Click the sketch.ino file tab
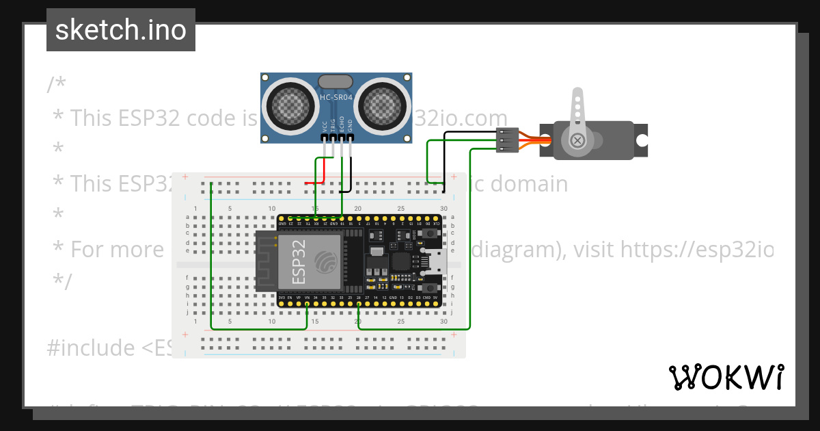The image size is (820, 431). tap(120, 30)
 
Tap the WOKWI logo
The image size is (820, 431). tap(726, 377)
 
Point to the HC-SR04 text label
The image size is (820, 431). tap(336, 99)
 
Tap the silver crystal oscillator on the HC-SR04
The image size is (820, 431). tap(336, 81)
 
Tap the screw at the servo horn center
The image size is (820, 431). tap(578, 141)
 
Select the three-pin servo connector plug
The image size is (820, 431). tap(504, 140)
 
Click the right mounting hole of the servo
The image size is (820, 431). tap(642, 140)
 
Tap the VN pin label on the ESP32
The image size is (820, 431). tap(307, 298)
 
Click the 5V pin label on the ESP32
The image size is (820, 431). tap(436, 298)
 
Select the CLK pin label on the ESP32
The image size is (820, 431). tap(436, 224)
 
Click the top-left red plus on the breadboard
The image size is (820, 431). tap(184, 177)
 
